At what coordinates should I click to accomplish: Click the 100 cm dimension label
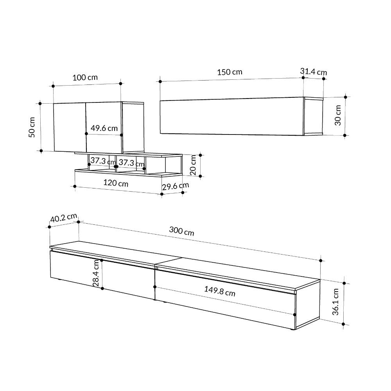tap(85, 77)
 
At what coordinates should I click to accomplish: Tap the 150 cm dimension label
tap(230, 72)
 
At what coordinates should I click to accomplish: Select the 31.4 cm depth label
tap(314, 72)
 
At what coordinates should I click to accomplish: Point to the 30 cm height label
tap(338, 115)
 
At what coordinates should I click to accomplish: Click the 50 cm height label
tap(32, 127)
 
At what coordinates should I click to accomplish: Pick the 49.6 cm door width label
tap(104, 128)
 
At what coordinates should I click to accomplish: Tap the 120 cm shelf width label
tap(116, 183)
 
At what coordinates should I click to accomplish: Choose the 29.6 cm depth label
tap(176, 186)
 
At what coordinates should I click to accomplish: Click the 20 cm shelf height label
tap(193, 165)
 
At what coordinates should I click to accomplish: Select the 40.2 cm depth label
tap(64, 218)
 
